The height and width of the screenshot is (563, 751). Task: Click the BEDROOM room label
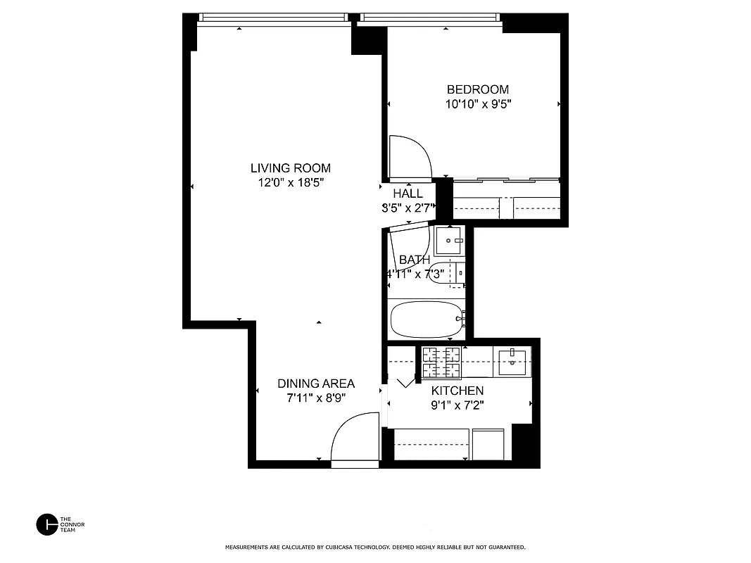point(478,89)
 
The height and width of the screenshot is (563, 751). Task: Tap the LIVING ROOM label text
point(291,168)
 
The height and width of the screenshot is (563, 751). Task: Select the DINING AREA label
point(316,384)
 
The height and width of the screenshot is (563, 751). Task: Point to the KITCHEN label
point(457,391)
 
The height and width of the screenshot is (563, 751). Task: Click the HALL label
point(408,194)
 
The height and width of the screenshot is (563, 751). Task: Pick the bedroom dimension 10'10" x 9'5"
point(478,105)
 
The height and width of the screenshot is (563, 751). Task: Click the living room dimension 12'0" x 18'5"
point(291,183)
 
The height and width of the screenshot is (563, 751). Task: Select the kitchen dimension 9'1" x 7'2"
point(457,405)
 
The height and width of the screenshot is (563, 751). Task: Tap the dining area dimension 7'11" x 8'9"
point(316,398)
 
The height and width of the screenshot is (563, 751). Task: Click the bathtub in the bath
point(427,320)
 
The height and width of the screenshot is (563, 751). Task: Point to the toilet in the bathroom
point(447,272)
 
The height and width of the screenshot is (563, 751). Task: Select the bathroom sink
point(448,241)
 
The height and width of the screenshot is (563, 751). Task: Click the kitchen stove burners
point(441,361)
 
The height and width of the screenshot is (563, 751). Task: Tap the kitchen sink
point(511,361)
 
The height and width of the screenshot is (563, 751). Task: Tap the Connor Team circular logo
point(46,524)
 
